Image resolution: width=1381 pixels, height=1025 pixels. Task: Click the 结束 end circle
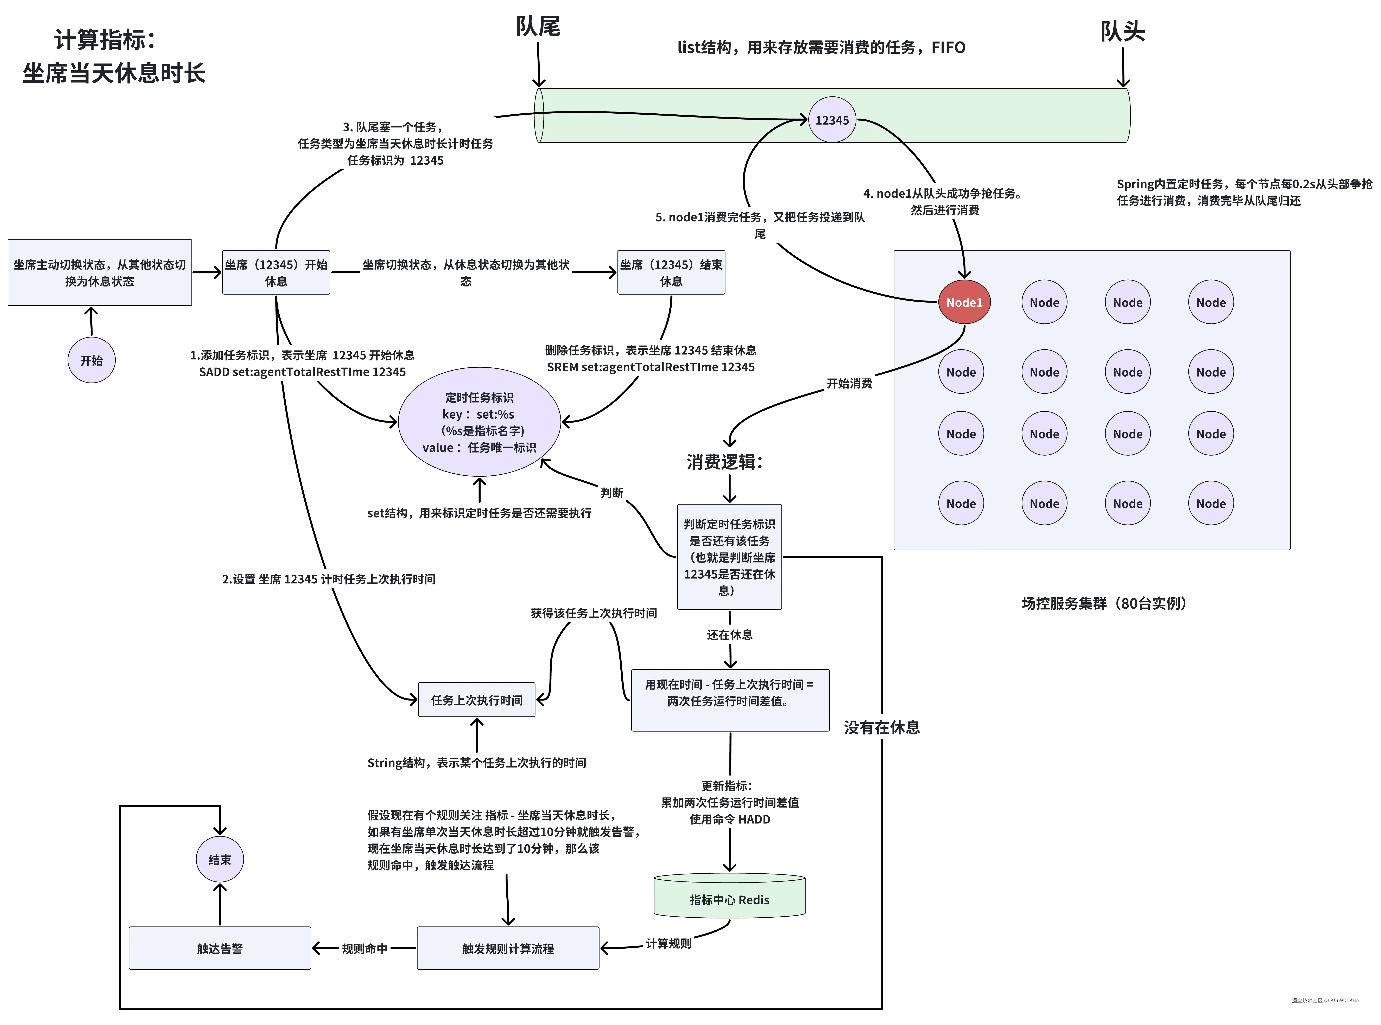coord(220,859)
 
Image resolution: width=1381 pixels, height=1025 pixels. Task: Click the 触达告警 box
coord(220,948)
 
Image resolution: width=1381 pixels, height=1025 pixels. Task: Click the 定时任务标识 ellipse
coord(479,422)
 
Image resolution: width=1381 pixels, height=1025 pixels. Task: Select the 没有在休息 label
coord(882,727)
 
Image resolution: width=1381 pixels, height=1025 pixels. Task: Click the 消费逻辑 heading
coord(724,462)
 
